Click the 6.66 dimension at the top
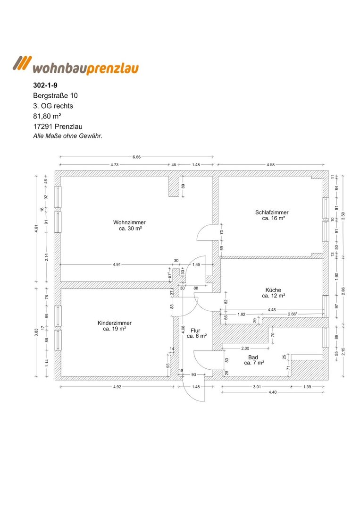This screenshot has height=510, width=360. click(x=137, y=156)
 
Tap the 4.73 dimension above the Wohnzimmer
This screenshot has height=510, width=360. click(x=114, y=165)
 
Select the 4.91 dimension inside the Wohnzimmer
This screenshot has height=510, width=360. click(x=117, y=264)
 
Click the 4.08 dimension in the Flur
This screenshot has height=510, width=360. click(x=183, y=329)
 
